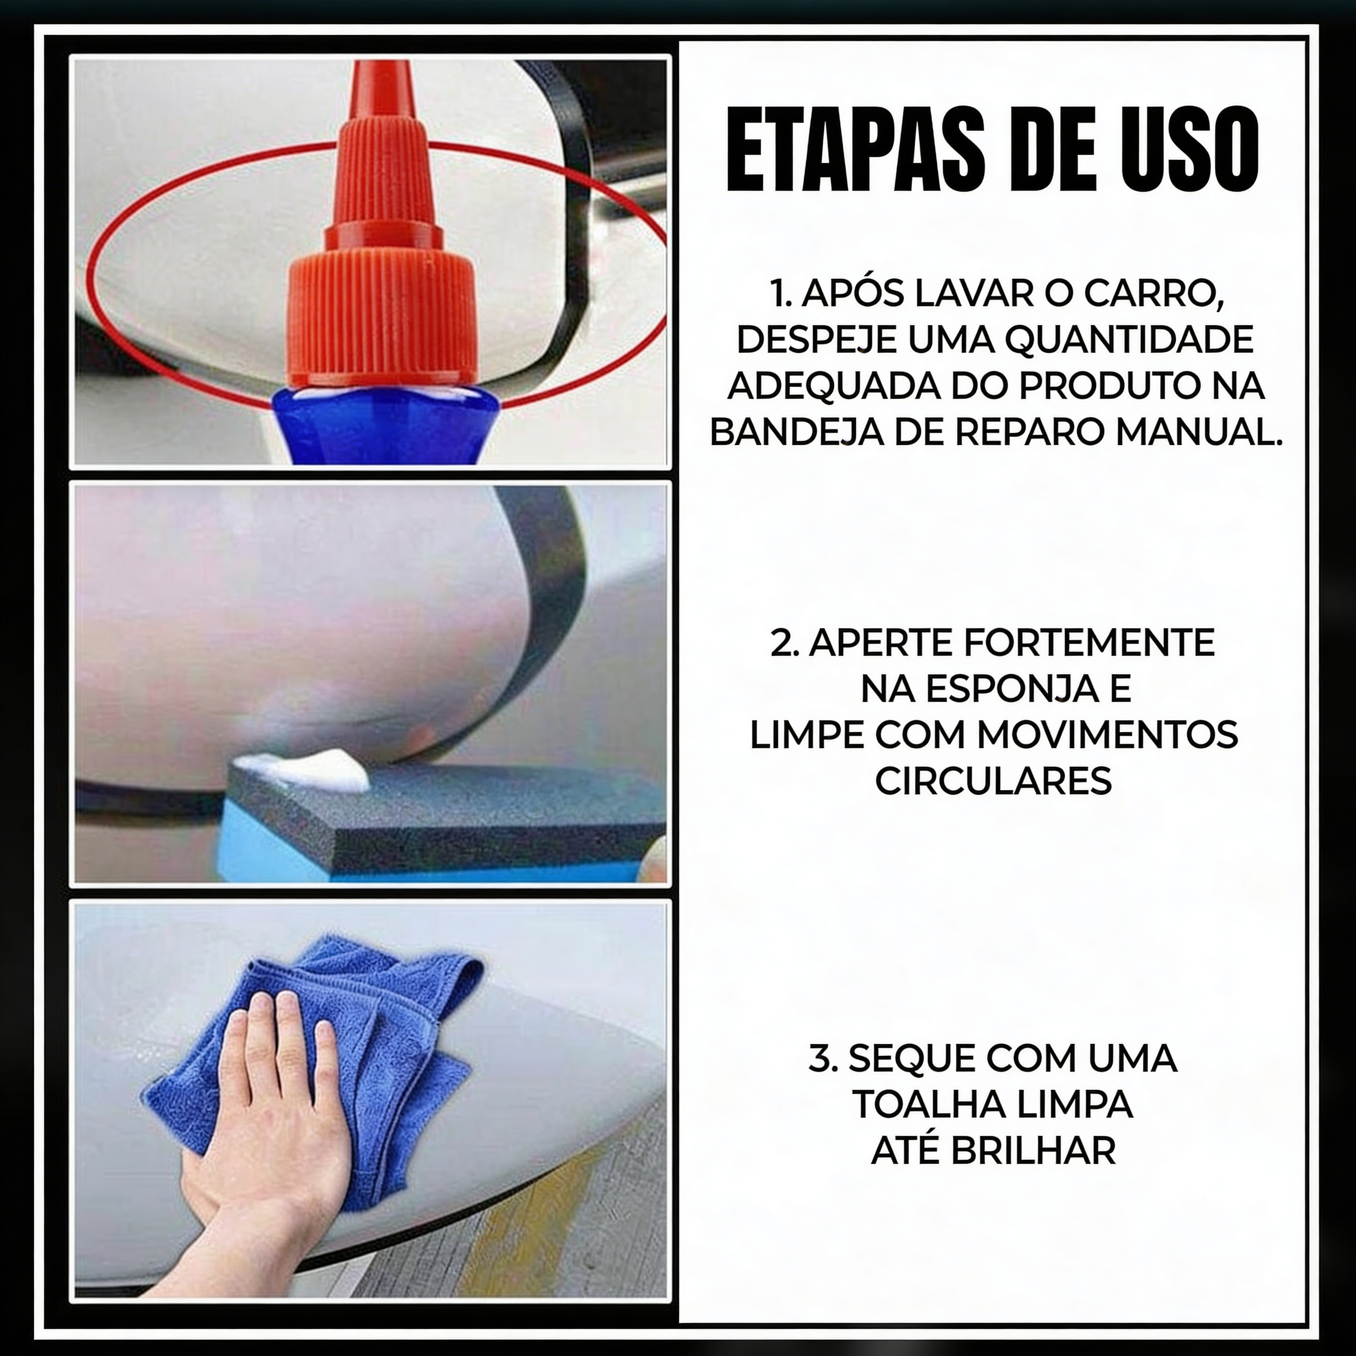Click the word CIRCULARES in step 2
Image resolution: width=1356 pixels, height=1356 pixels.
(993, 781)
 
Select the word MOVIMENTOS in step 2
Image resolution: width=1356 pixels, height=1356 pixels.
(1107, 735)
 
